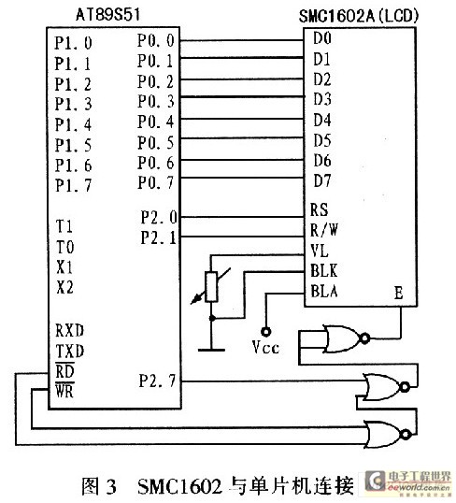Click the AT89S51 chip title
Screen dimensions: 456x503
107,15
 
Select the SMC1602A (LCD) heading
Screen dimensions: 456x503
359,16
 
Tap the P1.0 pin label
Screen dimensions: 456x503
73,43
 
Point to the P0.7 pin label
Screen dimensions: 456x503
156,182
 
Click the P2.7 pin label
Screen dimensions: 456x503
157,381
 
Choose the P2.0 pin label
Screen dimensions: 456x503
159,217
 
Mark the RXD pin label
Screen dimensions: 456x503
69,330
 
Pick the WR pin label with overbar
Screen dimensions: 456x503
64,391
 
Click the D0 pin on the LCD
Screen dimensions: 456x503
322,38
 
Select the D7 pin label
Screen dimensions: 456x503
322,181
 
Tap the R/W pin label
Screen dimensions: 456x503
324,230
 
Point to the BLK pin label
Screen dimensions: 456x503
324,271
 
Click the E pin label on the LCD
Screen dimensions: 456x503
399,293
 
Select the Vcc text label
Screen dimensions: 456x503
265,347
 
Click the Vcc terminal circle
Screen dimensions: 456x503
265,331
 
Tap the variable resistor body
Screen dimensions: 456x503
211,287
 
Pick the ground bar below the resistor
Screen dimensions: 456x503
211,350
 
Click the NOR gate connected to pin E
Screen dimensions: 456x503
346,338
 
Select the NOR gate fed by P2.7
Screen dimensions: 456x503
386,387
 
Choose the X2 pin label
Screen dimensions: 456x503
64,287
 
